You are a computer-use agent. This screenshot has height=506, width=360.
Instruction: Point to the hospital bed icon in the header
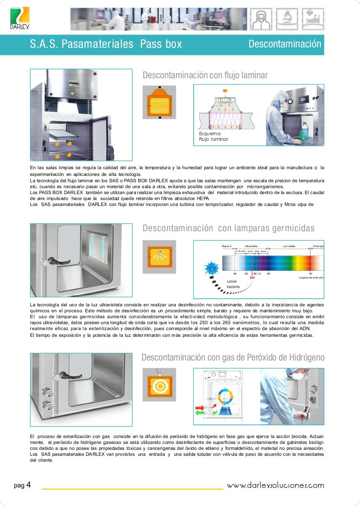[x=313, y=19]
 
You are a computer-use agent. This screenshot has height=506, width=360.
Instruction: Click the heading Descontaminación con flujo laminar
[x=205, y=75]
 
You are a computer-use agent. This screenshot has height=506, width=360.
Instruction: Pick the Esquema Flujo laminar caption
[x=213, y=137]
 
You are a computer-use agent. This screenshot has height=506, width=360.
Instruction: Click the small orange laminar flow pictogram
[x=159, y=102]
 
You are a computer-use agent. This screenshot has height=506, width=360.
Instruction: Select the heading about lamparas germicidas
[x=228, y=228]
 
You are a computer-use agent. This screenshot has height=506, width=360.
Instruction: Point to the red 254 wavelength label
[x=252, y=278]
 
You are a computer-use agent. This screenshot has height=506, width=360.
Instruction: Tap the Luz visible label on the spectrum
[x=289, y=246]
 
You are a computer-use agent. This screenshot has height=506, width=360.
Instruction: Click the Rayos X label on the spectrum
[x=226, y=246]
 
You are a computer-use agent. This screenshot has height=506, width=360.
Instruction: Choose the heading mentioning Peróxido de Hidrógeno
[x=233, y=357]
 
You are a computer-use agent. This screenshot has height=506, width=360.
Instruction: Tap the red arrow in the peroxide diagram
[x=199, y=407]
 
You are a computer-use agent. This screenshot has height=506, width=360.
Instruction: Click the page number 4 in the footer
[x=28, y=485]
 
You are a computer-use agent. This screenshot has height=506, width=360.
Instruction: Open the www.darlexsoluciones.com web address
[x=275, y=485]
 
